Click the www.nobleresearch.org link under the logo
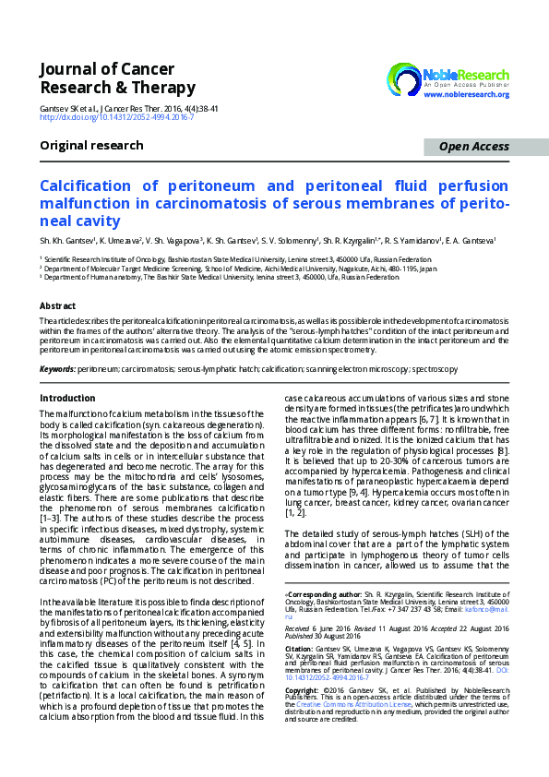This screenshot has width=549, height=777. coord(466,94)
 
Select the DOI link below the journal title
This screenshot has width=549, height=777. coord(115,118)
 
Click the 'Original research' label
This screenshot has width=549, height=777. coord(91,146)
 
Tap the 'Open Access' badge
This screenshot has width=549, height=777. coord(473,147)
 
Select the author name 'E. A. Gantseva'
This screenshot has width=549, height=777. coord(470,241)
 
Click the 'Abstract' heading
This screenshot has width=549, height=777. coord(57,305)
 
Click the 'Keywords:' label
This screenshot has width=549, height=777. coord(57,369)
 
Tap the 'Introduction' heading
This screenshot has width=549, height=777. coord(67,398)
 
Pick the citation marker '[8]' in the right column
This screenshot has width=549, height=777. coord(501,449)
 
